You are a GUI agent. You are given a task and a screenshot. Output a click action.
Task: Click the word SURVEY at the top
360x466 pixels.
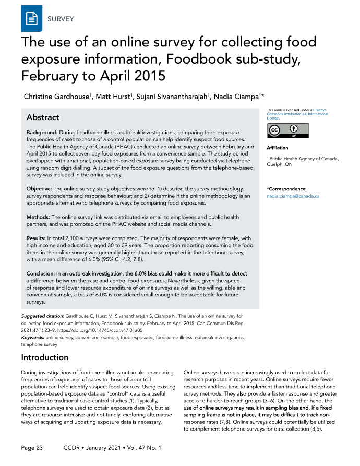[x=61, y=20]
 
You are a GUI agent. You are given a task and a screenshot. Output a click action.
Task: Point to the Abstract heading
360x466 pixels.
[x=43, y=117]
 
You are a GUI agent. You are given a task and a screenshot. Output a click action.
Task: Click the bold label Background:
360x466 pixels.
[x=42, y=133]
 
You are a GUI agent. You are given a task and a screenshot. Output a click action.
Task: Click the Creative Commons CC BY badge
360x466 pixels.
[x=287, y=130]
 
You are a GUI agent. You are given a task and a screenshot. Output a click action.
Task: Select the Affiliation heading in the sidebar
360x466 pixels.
[x=277, y=148]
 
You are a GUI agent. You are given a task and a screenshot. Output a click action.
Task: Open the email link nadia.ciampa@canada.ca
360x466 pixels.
[x=293, y=196]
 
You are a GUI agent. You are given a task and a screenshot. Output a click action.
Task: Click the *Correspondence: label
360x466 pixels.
[x=286, y=189]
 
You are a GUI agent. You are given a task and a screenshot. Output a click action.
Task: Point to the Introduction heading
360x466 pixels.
[x=44, y=357]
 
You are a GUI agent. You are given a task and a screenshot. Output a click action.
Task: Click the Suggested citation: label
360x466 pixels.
[x=43, y=316]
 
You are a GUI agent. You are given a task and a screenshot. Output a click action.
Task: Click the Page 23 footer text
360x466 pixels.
[x=32, y=448]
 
